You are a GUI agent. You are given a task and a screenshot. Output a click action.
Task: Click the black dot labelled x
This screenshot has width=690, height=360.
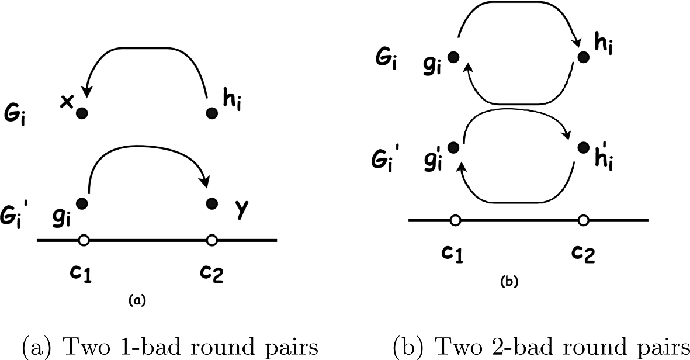point(83,112)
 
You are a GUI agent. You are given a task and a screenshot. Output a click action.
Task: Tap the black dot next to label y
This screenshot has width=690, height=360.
point(213,203)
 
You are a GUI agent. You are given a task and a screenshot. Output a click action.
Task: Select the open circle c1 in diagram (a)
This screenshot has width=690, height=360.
point(84,240)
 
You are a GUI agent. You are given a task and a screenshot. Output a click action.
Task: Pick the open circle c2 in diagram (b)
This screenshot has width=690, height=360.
point(583,220)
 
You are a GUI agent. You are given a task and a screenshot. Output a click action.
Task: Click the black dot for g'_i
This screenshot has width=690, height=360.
point(452,147)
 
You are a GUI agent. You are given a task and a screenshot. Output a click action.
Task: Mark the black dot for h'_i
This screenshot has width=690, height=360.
point(582,147)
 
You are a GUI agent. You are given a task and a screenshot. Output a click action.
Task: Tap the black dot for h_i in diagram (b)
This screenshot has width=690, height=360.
point(582,57)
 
